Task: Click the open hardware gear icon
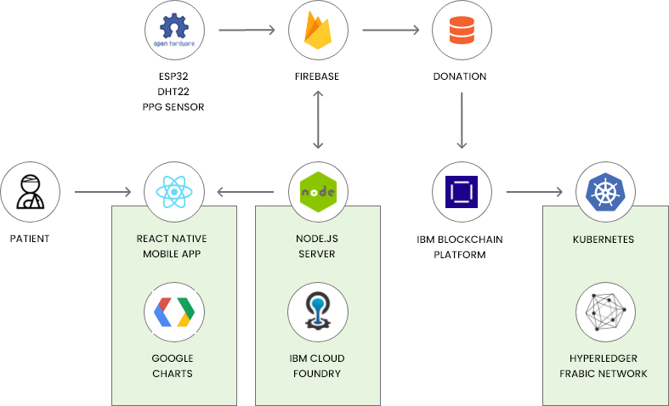coord(174,31)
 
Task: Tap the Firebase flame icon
coord(319,31)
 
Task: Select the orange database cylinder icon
coord(462,31)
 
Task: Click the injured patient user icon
coord(30,192)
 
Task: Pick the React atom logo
coord(174,192)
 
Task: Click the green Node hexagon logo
coord(319,192)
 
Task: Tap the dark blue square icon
coord(462,192)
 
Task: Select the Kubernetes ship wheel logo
coord(606,192)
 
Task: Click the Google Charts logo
coord(174,312)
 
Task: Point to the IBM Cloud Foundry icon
coord(318,312)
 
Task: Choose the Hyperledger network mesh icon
coord(606,312)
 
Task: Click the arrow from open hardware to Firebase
coord(247,31)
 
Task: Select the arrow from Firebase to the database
coord(390,31)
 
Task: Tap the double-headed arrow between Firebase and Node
coord(319,118)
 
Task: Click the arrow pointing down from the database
coord(462,118)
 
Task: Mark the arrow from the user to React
coord(103,192)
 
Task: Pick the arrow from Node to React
coord(246,192)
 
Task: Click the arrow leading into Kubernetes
coord(535,192)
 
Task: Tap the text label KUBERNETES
coord(604,240)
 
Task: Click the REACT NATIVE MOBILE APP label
coord(174,246)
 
